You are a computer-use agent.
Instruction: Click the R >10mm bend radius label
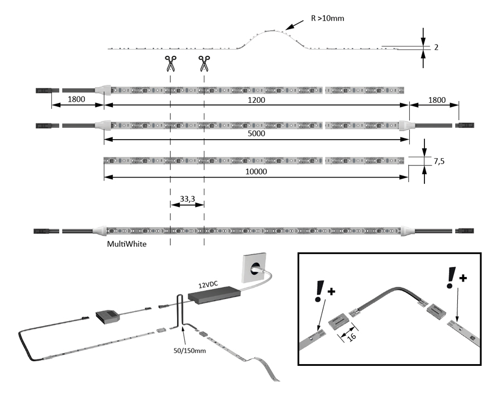point(327,18)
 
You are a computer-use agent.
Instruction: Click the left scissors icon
point(170,63)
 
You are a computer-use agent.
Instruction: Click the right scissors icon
point(204,63)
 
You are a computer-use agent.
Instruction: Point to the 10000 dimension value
point(257,172)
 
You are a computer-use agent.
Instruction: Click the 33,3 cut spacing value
point(187,198)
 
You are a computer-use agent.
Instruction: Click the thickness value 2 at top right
point(436,47)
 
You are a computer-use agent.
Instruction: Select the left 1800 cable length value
point(76,99)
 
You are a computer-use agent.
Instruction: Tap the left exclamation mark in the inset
point(319,291)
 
